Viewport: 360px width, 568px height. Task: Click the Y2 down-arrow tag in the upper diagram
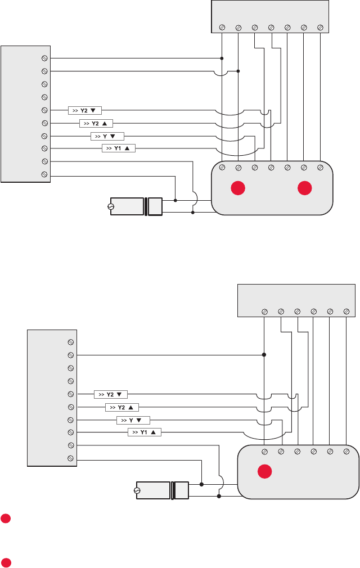coord(85,110)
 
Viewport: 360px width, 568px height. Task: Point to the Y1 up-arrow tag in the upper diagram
coord(119,148)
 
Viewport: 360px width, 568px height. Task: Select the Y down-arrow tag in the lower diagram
coord(133,420)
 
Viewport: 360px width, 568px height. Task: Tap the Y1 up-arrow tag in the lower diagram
coord(145,432)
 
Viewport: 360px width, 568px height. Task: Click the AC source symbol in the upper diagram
coord(110,206)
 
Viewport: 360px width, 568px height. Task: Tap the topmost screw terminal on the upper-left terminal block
coord(44,58)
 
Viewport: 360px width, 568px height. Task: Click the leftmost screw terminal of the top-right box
coord(222,27)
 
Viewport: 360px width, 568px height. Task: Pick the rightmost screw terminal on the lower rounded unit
coord(346,451)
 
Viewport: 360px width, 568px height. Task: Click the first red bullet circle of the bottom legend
coord(5,517)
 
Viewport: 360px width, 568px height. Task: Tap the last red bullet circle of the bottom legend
coord(5,562)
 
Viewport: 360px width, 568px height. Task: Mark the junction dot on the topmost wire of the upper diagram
coord(222,58)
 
